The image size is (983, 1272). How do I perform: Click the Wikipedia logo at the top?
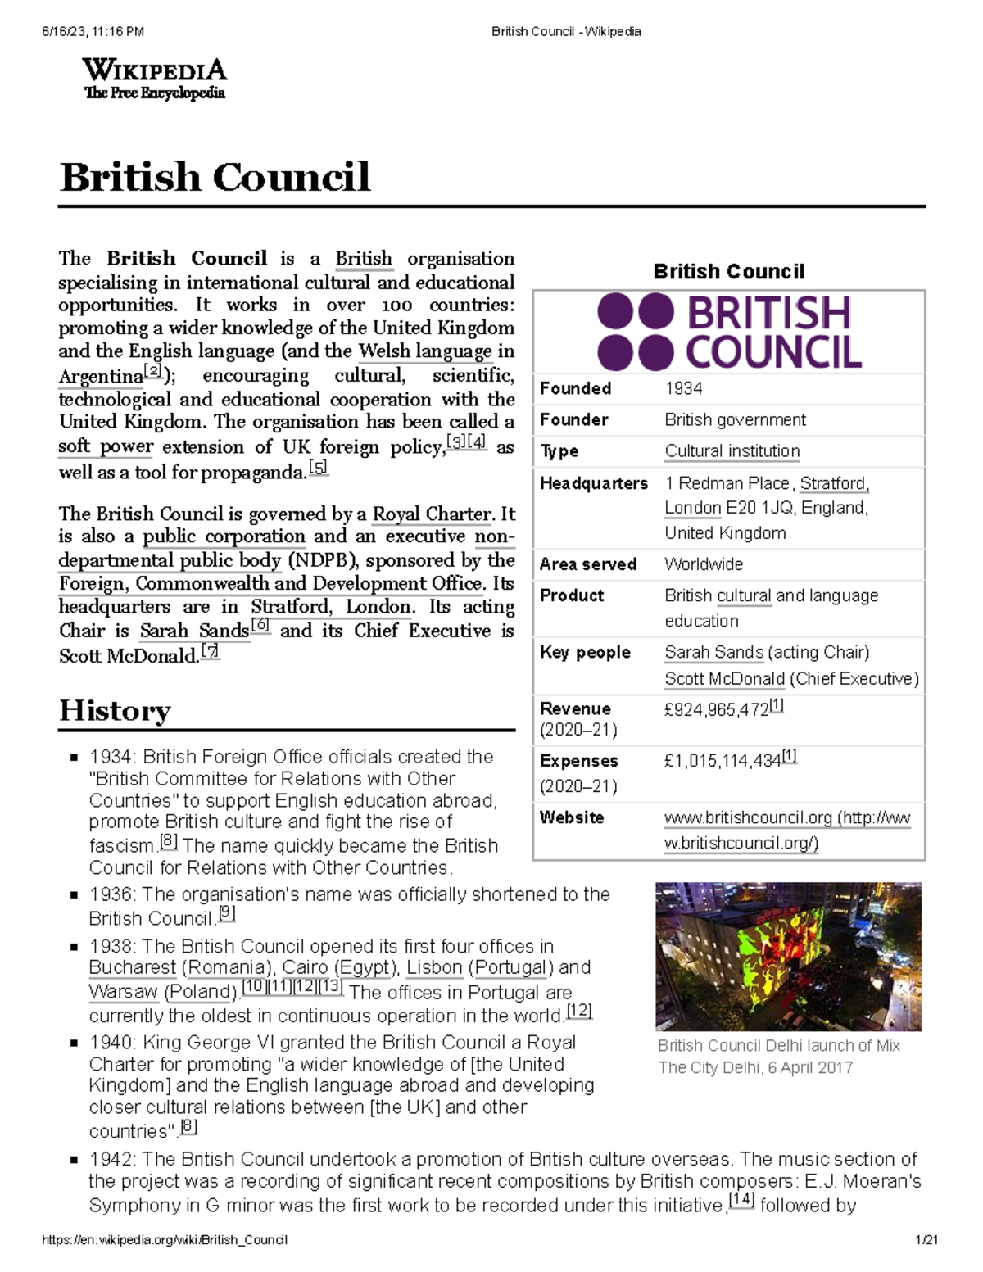[154, 79]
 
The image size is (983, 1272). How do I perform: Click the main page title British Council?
[215, 178]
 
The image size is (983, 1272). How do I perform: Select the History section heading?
[115, 710]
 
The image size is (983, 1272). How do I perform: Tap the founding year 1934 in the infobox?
[683, 388]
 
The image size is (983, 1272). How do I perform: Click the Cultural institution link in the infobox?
[732, 451]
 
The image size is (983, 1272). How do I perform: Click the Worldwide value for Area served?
[704, 564]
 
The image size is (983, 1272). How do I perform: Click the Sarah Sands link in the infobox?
[713, 653]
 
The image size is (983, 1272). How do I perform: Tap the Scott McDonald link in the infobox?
[724, 679]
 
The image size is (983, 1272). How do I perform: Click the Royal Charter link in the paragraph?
[432, 514]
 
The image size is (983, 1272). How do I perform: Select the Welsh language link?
[425, 351]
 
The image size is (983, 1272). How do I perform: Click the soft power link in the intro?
[106, 447]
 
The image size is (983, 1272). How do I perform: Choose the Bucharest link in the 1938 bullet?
[132, 967]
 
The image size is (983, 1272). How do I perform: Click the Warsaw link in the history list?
[123, 991]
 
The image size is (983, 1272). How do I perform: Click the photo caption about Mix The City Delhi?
[778, 1057]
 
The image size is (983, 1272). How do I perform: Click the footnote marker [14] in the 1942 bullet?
[741, 1202]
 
